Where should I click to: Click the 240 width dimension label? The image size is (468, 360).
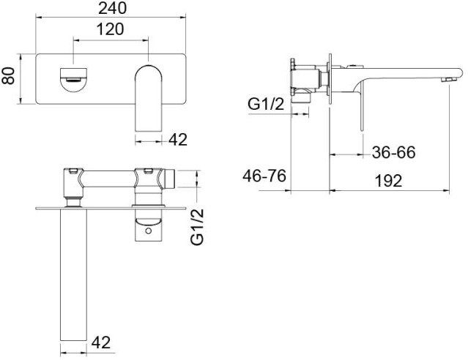point(113,8)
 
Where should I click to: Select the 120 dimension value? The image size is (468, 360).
point(110,29)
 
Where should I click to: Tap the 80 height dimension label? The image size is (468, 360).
point(8,76)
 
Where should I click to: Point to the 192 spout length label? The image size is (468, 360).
point(389,181)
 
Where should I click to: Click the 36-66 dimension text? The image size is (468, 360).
point(394,152)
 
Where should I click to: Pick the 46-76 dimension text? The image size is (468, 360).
point(264,176)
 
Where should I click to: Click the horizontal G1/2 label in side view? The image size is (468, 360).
point(266,104)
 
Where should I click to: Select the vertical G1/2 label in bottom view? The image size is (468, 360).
point(197,227)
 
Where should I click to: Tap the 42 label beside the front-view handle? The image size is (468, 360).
point(178,139)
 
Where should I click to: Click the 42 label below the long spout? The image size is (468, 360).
point(101,342)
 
